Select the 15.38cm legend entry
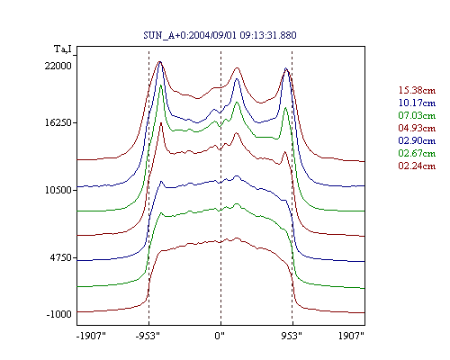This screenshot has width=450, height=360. pyautogui.click(x=417, y=90)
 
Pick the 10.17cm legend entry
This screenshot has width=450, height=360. pyautogui.click(x=417, y=103)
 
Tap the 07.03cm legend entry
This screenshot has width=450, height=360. pyautogui.click(x=417, y=115)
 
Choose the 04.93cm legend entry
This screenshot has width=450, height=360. pyautogui.click(x=417, y=128)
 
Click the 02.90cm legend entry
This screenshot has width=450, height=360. pyautogui.click(x=417, y=140)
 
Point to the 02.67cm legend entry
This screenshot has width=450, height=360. pyautogui.click(x=417, y=153)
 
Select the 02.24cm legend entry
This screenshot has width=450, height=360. pyautogui.click(x=417, y=166)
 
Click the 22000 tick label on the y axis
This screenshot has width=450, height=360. pyautogui.click(x=58, y=66)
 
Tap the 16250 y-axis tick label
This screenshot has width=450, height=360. pyautogui.click(x=58, y=122)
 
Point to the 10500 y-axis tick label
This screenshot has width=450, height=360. pyautogui.click(x=58, y=190)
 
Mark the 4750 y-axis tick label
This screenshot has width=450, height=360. pyautogui.click(x=60, y=257)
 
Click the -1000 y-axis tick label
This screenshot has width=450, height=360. pyautogui.click(x=58, y=314)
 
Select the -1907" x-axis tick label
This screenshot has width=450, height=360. pyautogui.click(x=92, y=336)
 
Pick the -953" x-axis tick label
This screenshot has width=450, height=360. pyautogui.click(x=148, y=336)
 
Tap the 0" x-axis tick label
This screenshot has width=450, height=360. pyautogui.click(x=220, y=336)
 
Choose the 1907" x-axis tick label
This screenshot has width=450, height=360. pyautogui.click(x=351, y=336)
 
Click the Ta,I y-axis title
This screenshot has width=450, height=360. pyautogui.click(x=63, y=49)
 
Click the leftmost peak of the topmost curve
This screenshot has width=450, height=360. pyautogui.click(x=159, y=62)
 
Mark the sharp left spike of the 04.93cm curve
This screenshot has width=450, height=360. pyautogui.click(x=161, y=122)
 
